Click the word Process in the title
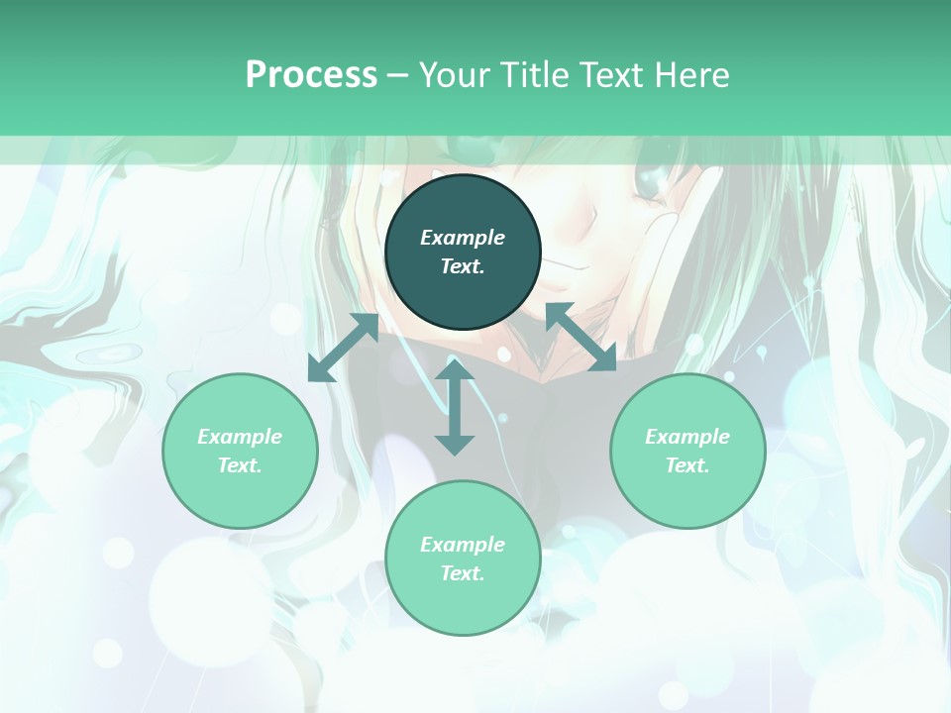pos(311,75)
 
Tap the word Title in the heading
pos(538,75)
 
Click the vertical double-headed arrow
pos(455,407)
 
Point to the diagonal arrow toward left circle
pos(344,348)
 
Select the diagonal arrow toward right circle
pos(581,337)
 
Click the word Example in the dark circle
pos(463,238)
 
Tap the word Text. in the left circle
pos(240,465)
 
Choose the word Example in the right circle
pos(687,437)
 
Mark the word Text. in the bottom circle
pos(463,573)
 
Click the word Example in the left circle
pos(240,437)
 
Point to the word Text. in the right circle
pos(687,465)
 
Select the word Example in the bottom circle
pos(463,545)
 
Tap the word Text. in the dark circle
pos(463,266)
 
